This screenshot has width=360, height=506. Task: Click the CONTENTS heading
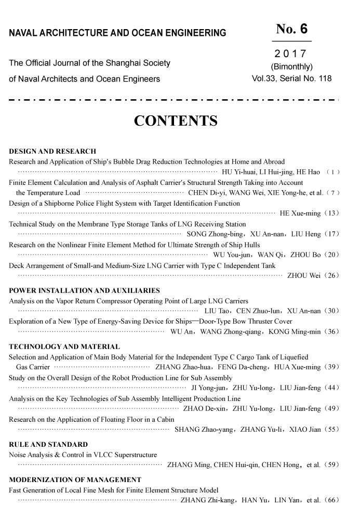176,122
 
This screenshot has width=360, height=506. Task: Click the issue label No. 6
292,29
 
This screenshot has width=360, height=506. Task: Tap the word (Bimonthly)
291,67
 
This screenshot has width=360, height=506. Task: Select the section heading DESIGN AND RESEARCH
52,152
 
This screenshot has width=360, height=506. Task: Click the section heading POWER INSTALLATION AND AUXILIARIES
84,290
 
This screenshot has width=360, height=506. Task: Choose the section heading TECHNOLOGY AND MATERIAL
64,347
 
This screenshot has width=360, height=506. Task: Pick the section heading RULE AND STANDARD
48,445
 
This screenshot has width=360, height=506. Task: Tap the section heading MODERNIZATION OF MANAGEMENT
75,480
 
